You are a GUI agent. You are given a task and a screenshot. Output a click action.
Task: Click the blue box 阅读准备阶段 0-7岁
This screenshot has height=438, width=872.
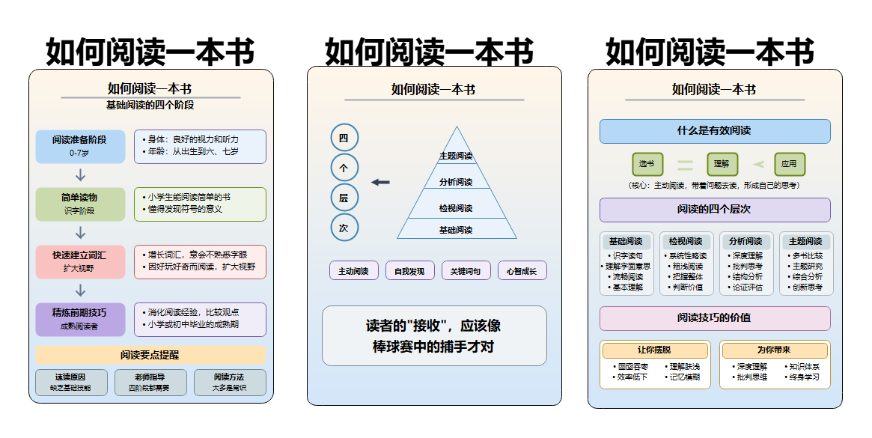coord(80,145)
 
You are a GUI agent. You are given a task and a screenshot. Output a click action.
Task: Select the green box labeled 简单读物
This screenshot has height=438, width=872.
coord(80,204)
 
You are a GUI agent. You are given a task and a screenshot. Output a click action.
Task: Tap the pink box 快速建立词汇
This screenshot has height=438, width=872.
coord(80,261)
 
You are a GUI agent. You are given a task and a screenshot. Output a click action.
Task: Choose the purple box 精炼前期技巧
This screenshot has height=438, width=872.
coord(80,319)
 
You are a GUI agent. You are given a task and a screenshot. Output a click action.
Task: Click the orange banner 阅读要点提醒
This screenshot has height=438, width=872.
coord(150,355)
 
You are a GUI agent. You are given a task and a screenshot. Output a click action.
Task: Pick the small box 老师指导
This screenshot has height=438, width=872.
coord(150,382)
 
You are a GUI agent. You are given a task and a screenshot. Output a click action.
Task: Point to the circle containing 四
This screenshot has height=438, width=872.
coord(344,138)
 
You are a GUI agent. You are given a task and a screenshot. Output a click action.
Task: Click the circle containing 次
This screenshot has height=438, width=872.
coord(344,228)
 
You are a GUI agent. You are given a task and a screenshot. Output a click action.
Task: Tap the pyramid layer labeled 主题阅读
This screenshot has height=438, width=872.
coord(456,156)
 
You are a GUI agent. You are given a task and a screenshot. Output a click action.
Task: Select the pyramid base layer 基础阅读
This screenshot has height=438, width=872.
coord(456,229)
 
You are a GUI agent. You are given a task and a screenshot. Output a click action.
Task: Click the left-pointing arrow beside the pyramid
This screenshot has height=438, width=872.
coord(380,182)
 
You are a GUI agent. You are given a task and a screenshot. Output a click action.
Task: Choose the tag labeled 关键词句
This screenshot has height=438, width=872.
coord(466,271)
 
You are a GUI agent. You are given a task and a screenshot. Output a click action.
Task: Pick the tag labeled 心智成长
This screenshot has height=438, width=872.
coord(522,271)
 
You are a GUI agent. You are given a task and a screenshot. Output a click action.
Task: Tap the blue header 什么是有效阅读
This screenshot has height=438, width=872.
coord(714,131)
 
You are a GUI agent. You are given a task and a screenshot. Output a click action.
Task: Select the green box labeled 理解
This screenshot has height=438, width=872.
coord(722,164)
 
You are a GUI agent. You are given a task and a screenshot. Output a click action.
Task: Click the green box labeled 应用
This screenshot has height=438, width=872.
coord(789,164)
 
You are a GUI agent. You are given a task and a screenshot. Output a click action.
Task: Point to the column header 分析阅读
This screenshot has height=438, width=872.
coord(746,242)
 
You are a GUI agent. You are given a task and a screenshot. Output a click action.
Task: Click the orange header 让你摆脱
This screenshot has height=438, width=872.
coord(655,350)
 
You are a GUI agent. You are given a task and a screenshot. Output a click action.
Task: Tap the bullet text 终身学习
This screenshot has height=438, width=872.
coord(804,377)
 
